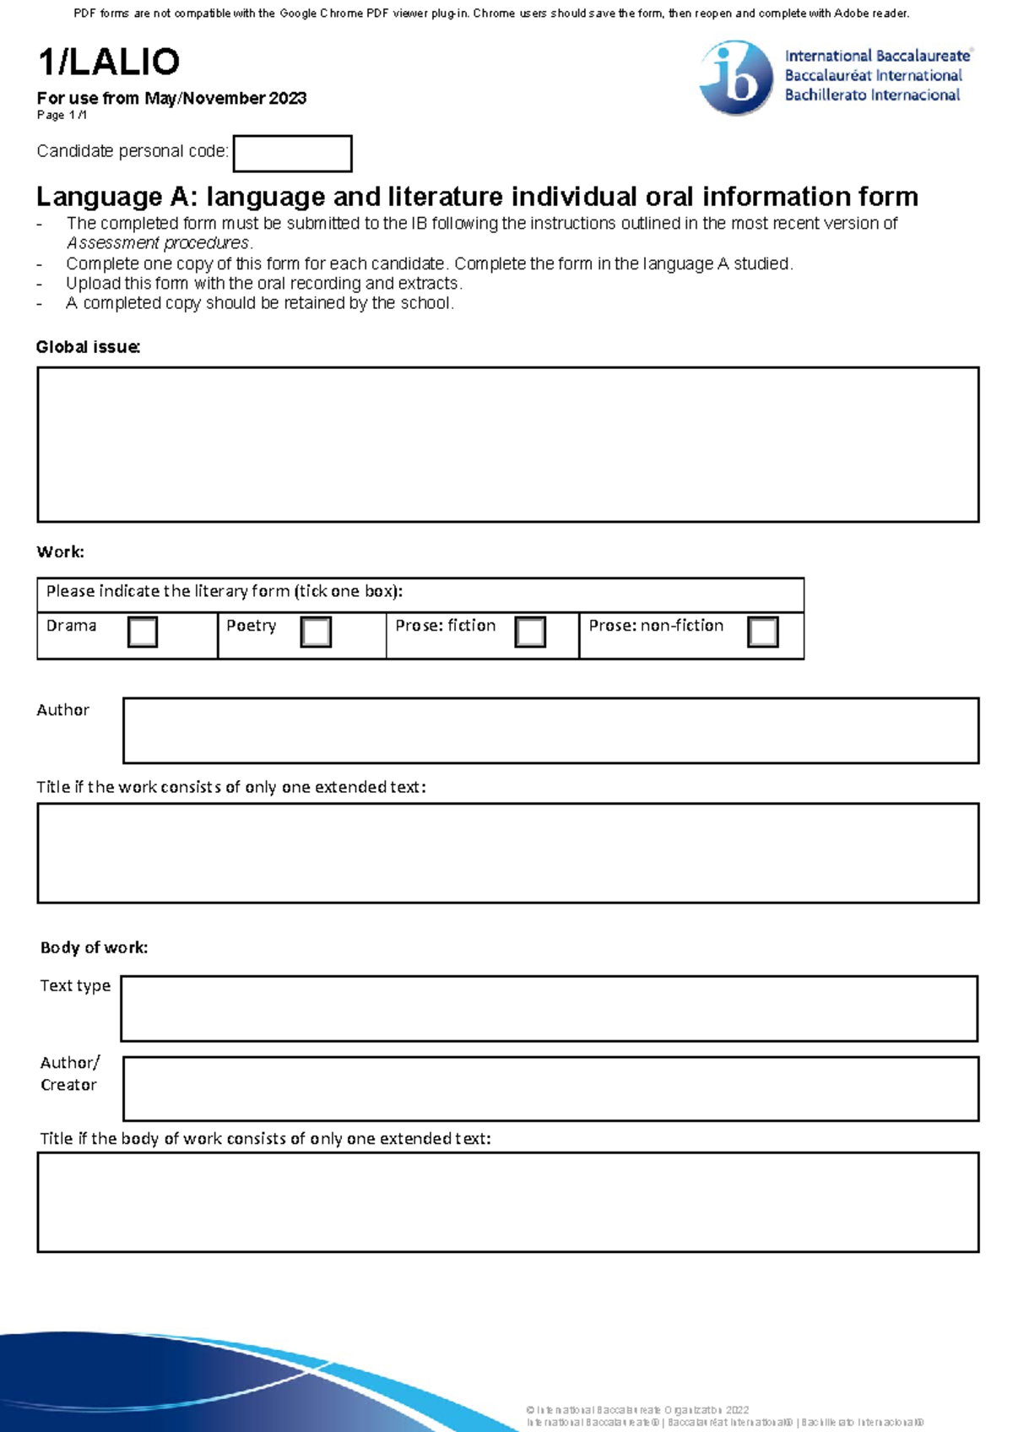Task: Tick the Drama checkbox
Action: pyautogui.click(x=143, y=632)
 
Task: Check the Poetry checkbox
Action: pyautogui.click(x=316, y=632)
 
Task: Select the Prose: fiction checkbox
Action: pyautogui.click(x=530, y=632)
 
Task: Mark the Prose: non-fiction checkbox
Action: pyautogui.click(x=763, y=632)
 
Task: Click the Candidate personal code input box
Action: pyautogui.click(x=292, y=154)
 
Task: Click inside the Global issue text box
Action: pyautogui.click(x=507, y=444)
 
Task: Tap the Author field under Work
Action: pyautogui.click(x=550, y=730)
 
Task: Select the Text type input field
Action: pyautogui.click(x=549, y=1008)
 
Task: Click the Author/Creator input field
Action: pyautogui.click(x=550, y=1088)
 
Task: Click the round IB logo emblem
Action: pyautogui.click(x=735, y=78)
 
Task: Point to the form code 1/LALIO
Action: pyautogui.click(x=108, y=62)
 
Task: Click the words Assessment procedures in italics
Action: pyautogui.click(x=158, y=243)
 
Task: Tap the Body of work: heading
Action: pyautogui.click(x=94, y=947)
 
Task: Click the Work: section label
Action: pyautogui.click(x=60, y=552)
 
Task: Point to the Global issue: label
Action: pyautogui.click(x=88, y=347)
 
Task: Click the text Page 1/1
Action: pyautogui.click(x=62, y=115)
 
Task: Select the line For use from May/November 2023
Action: pyautogui.click(x=171, y=98)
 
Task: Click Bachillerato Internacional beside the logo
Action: pyautogui.click(x=872, y=95)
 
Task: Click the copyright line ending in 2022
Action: pyautogui.click(x=637, y=1410)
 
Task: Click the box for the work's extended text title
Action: pyautogui.click(x=507, y=853)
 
